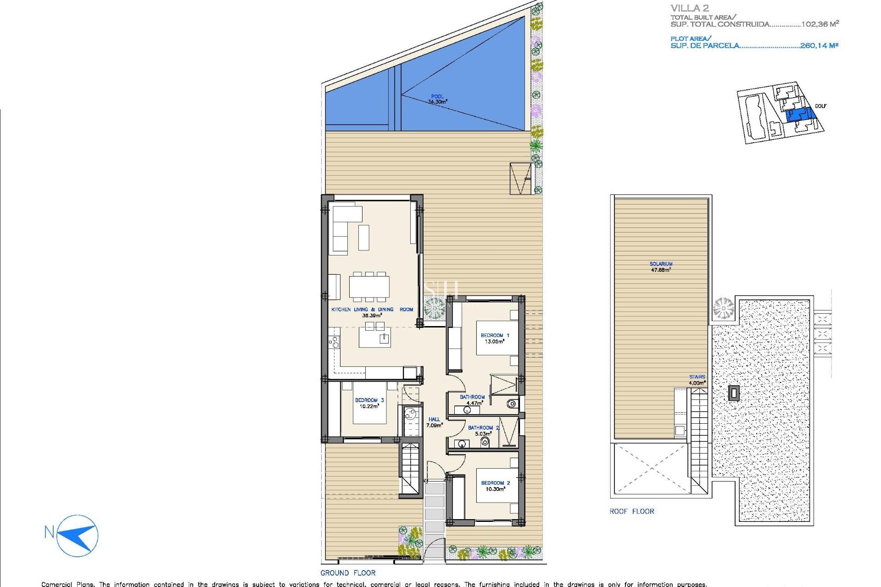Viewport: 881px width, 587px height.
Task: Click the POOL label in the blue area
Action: click(x=437, y=97)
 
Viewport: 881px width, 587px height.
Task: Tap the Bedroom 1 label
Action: click(x=495, y=335)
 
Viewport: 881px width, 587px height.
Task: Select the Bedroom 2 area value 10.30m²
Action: click(x=495, y=489)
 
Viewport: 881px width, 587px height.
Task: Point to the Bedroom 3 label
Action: click(x=369, y=400)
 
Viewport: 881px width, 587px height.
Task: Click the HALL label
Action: click(x=434, y=419)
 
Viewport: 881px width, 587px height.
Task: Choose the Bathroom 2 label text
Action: click(x=483, y=427)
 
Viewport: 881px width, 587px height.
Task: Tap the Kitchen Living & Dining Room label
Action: click(x=372, y=310)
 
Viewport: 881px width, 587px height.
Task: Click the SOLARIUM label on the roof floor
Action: click(x=661, y=264)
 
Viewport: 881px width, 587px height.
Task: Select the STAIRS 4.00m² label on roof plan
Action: click(x=697, y=380)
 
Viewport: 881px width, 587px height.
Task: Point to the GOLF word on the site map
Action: click(x=820, y=106)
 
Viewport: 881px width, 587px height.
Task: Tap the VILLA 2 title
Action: click(x=690, y=8)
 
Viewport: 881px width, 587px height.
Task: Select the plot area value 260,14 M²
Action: click(x=819, y=45)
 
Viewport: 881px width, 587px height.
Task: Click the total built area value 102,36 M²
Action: click(x=820, y=24)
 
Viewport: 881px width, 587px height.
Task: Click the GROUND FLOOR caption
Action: click(x=348, y=573)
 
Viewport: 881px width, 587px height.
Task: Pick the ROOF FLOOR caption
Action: click(x=631, y=511)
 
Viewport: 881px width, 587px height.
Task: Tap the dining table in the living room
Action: click(x=369, y=286)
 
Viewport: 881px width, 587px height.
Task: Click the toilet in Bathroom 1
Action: click(x=511, y=404)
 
